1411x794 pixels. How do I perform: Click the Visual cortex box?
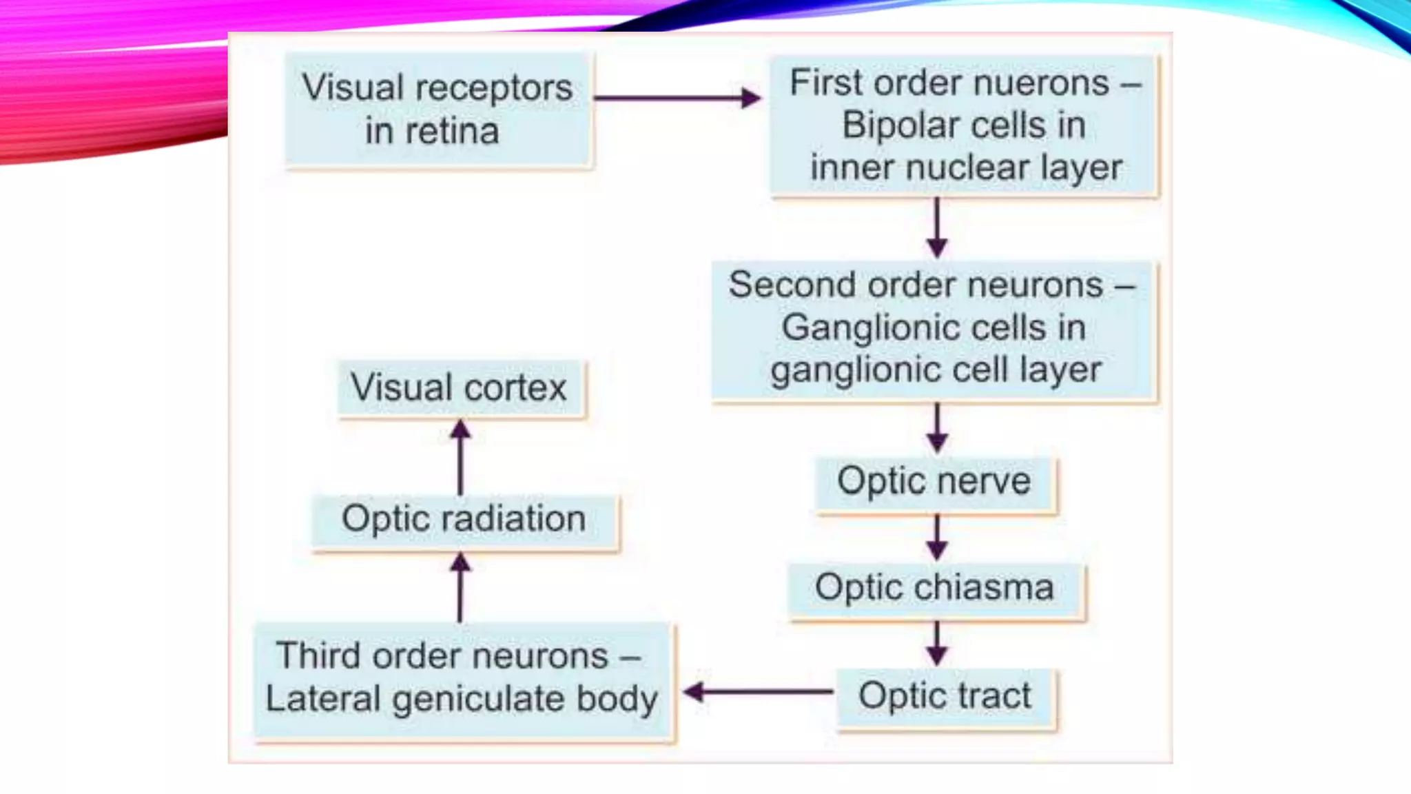pyautogui.click(x=460, y=388)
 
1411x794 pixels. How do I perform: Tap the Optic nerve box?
pyautogui.click(x=934, y=482)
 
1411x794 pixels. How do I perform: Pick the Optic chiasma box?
pyautogui.click(x=935, y=589)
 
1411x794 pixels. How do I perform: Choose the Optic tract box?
pyautogui.click(x=945, y=697)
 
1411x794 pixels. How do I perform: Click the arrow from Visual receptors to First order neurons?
pyautogui.click(x=677, y=98)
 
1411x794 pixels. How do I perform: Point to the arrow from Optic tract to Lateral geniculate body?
pyautogui.click(x=758, y=691)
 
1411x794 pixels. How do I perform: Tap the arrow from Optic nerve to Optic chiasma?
pyautogui.click(x=936, y=538)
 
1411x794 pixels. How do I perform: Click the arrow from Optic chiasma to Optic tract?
pyautogui.click(x=936, y=644)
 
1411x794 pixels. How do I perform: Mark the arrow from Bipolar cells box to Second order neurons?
pyautogui.click(x=936, y=227)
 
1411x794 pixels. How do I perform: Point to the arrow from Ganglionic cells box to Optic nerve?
pyautogui.click(x=936, y=427)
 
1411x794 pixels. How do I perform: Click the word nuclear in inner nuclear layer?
pyautogui.click(x=970, y=167)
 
